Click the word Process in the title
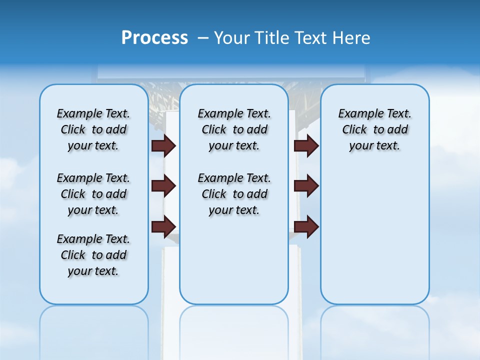(154, 38)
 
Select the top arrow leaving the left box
(163, 145)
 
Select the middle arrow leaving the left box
(163, 186)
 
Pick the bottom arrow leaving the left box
(163, 226)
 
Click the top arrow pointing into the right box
(306, 145)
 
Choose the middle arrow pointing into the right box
(306, 186)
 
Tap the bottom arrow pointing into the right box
(306, 226)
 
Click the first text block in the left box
(93, 130)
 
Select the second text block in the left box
(93, 194)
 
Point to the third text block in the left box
(93, 255)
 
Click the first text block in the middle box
(234, 130)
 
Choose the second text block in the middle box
(234, 194)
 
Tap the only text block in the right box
(374, 130)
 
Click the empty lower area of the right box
(374, 240)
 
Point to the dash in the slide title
(203, 38)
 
